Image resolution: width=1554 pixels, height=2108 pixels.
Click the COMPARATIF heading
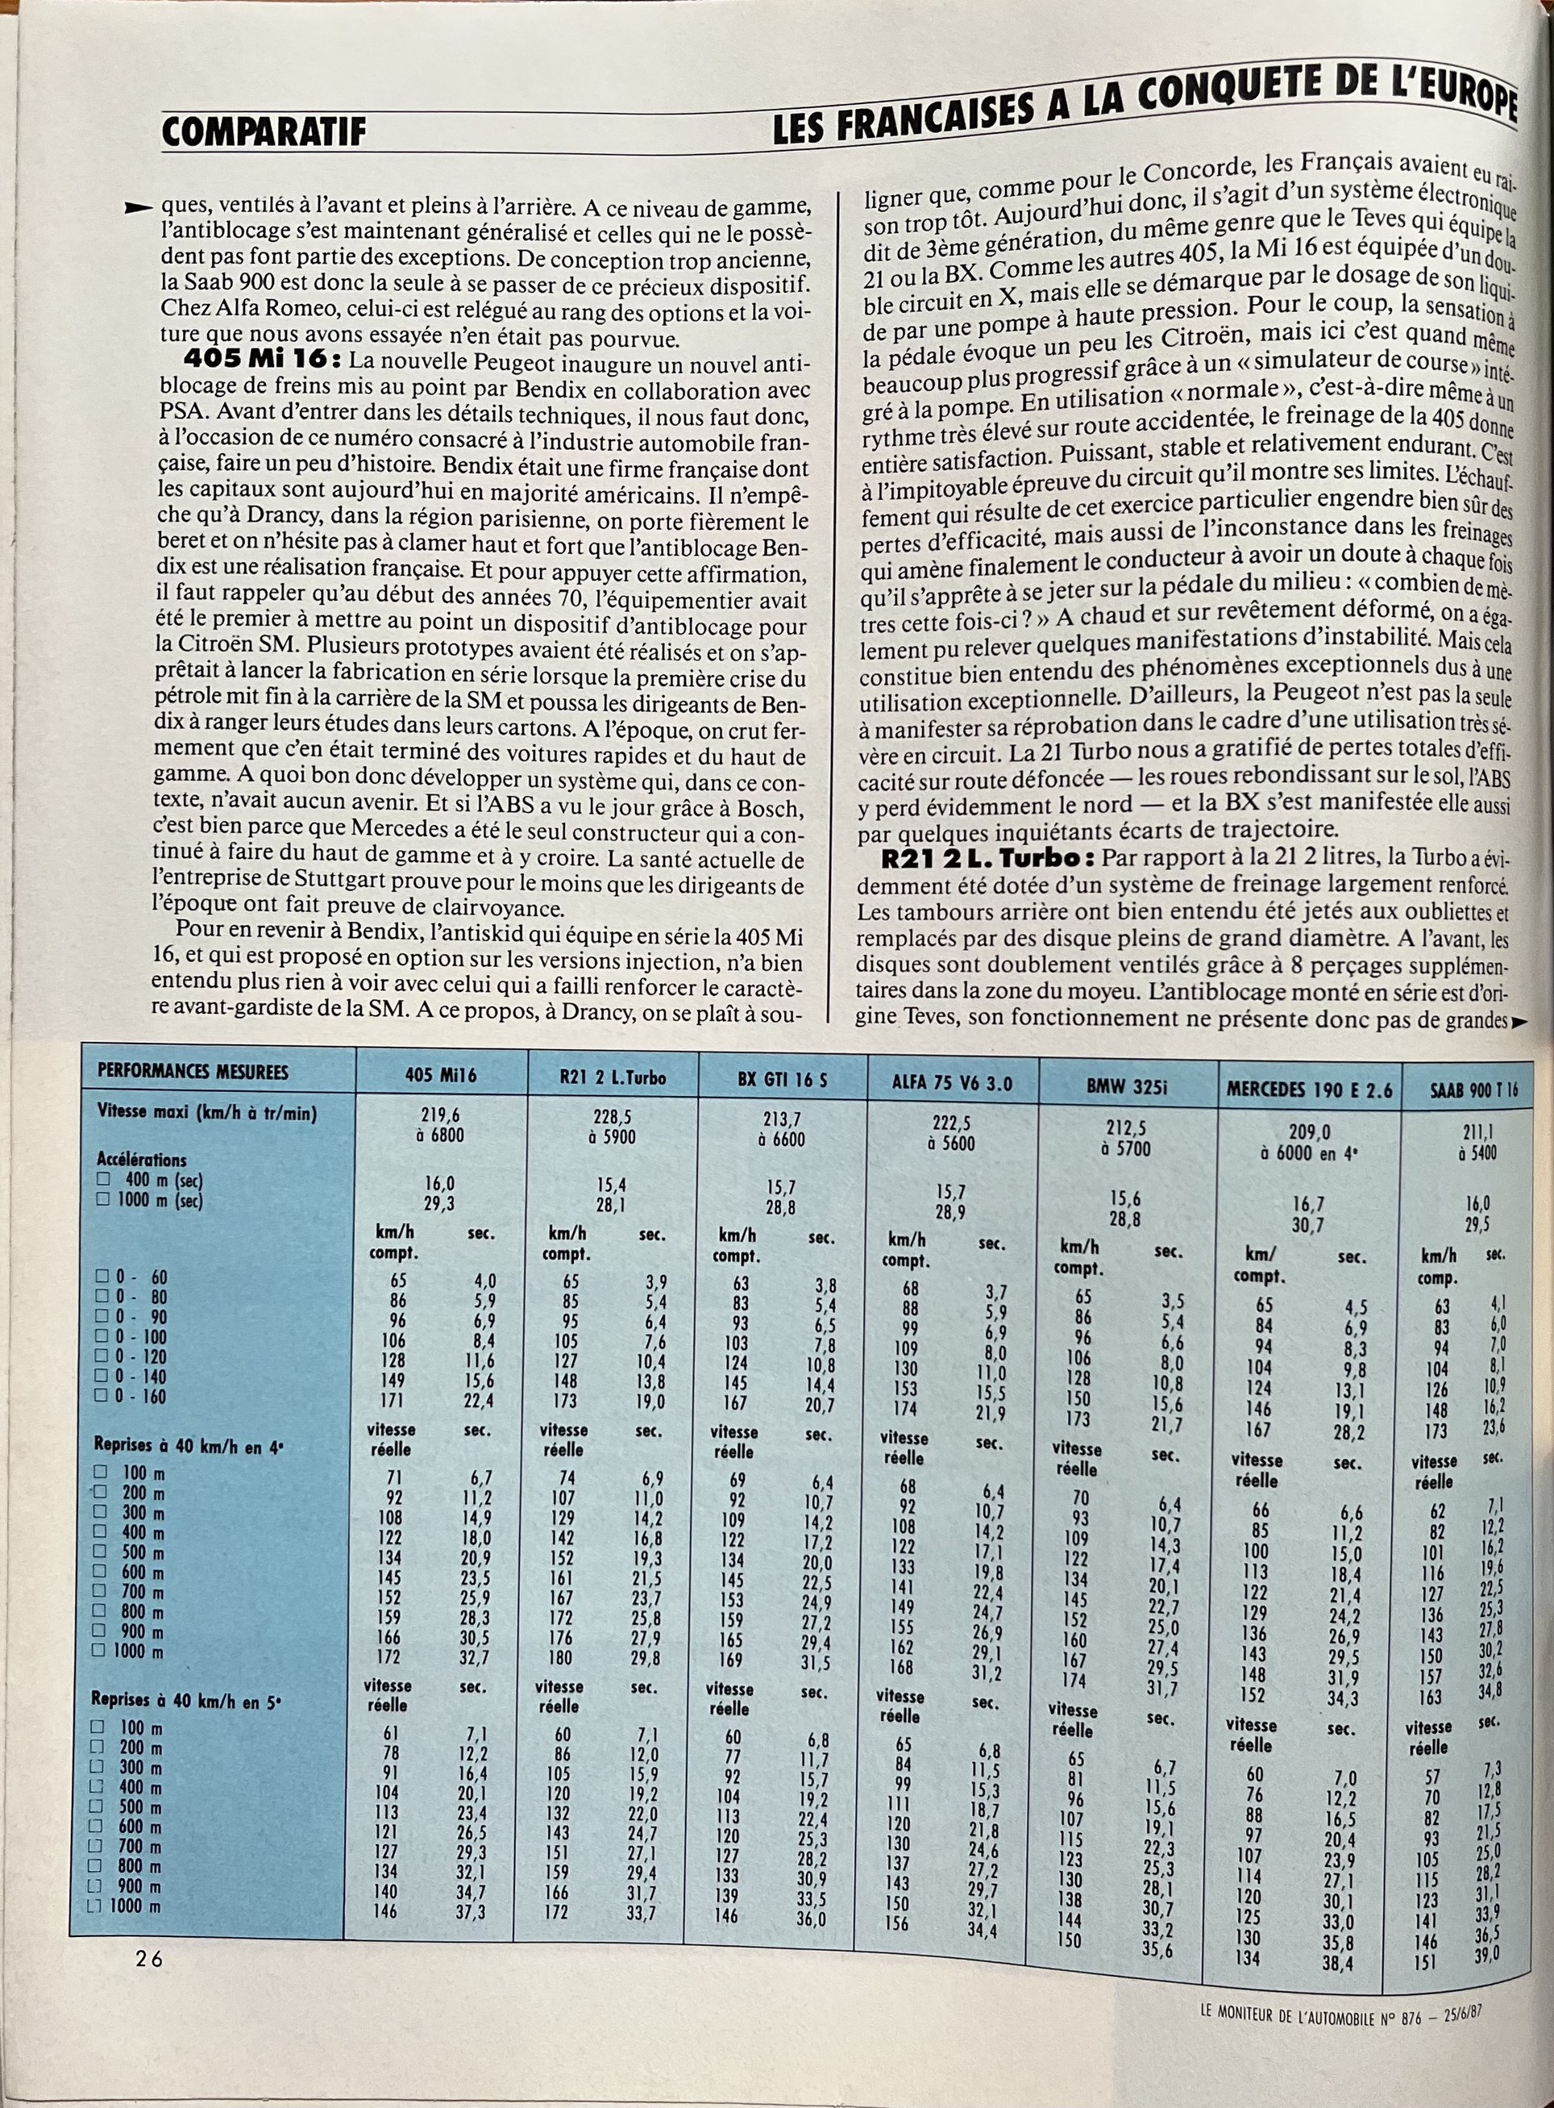tap(263, 131)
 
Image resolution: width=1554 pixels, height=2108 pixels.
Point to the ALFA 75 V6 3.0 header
tap(952, 1081)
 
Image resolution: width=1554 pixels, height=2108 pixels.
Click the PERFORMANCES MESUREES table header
tap(193, 1071)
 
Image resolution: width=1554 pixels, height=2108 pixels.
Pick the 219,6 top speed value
tap(440, 1115)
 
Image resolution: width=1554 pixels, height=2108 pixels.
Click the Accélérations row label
tap(141, 1160)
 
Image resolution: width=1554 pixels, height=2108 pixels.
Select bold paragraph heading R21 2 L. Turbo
tap(987, 857)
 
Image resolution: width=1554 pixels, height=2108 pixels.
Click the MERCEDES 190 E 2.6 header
tap(1308, 1089)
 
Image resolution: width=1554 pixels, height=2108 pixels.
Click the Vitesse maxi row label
tap(207, 1112)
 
